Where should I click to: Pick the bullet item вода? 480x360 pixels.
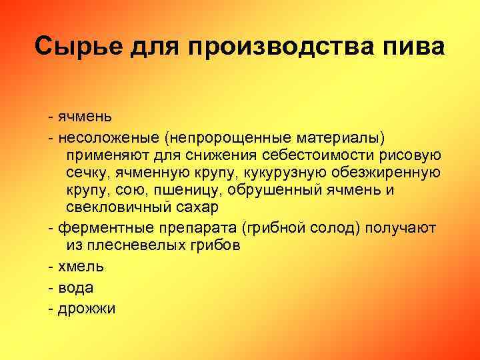coord(75,287)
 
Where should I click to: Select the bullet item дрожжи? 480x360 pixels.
coord(86,309)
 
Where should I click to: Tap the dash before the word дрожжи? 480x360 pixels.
coord(51,309)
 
